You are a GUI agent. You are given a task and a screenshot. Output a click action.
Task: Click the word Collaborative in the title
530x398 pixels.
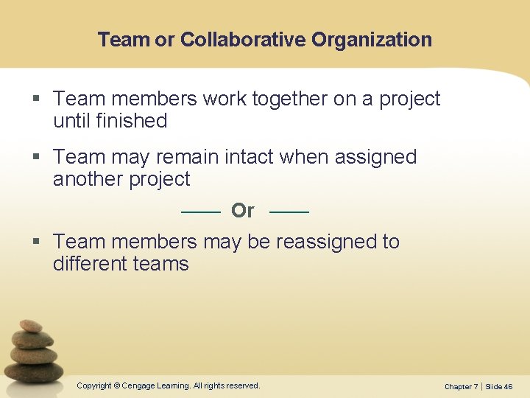tap(243, 39)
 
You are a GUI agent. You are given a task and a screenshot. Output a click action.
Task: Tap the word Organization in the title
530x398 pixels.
tap(372, 39)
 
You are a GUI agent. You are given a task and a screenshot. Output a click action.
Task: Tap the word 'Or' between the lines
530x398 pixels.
tap(242, 211)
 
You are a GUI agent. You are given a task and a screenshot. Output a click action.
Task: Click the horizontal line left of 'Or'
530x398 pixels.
tap(200, 212)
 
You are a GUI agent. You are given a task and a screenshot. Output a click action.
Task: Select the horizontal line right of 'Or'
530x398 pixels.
tap(289, 212)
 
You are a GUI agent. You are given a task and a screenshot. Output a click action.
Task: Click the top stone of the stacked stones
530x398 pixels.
tap(31, 325)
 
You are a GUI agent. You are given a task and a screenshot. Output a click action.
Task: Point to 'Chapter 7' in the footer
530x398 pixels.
tap(461, 386)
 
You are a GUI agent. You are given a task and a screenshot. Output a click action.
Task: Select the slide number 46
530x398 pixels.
tap(508, 386)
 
